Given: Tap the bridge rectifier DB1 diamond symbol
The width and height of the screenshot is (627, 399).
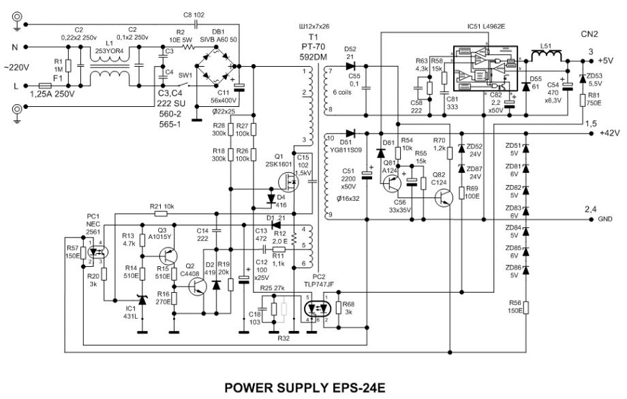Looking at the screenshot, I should [x=217, y=66].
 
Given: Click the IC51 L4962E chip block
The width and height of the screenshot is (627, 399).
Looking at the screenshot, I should [x=485, y=67].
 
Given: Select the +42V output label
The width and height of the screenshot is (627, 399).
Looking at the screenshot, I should [x=609, y=134].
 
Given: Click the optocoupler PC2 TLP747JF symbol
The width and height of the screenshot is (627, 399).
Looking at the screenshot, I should [x=316, y=308].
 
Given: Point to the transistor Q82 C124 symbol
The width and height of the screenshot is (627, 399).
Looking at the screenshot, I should [x=444, y=196].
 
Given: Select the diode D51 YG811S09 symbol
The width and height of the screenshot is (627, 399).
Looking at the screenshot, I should [x=350, y=134].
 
